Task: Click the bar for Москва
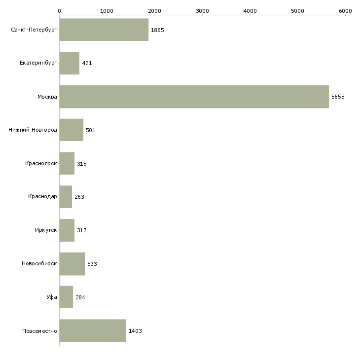click(194, 97)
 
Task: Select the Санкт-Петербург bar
click(104, 30)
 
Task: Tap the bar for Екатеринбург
click(70, 63)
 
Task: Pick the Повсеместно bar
click(93, 330)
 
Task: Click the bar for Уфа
click(66, 297)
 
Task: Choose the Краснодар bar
click(66, 197)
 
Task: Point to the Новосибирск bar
click(72, 264)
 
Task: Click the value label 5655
click(338, 97)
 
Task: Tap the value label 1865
click(157, 30)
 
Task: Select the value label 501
click(90, 130)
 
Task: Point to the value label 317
click(82, 230)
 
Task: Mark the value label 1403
click(135, 331)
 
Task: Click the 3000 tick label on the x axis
click(202, 11)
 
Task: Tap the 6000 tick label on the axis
click(345, 11)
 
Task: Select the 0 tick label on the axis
click(60, 11)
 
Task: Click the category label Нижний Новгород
click(33, 130)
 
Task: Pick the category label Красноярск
click(41, 163)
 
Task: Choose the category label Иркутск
click(46, 230)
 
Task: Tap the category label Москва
click(47, 97)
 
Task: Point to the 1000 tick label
click(107, 11)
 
